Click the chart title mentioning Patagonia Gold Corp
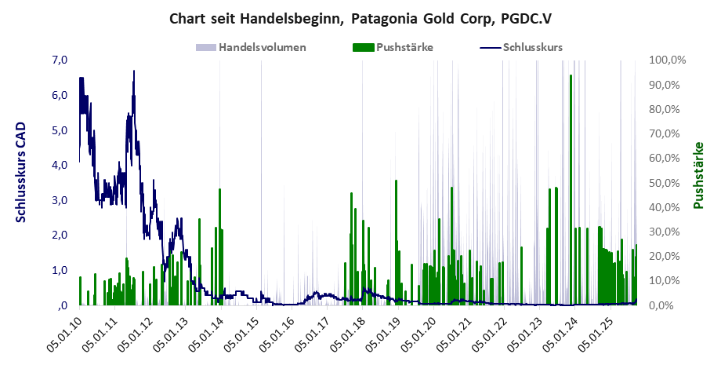coord(360,17)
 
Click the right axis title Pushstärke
coord(697,175)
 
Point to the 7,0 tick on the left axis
coord(60,60)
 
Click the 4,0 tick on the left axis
coord(60,165)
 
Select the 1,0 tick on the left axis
coord(60,270)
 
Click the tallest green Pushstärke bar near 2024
coord(571,188)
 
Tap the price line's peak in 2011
coord(134,71)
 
